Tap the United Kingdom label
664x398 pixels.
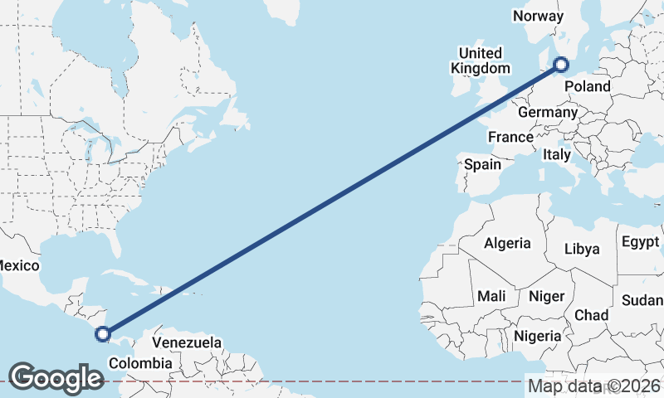pos(481,61)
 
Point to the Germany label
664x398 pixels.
pos(546,112)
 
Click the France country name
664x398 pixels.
pos(510,137)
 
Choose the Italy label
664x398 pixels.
pos(557,154)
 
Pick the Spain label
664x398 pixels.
pos(482,164)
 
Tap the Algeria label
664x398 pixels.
pos(506,243)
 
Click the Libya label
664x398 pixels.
pos(581,249)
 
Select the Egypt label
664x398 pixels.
pos(639,242)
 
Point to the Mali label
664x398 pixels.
pos(491,296)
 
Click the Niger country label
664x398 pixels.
pos(546,296)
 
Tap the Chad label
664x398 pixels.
pos(591,315)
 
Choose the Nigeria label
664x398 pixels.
pos(537,336)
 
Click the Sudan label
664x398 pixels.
pos(644,298)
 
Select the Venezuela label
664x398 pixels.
pos(187,342)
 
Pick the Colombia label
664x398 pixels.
pos(140,363)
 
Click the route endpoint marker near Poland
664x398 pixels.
pos(561,64)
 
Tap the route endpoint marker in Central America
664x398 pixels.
pos(103,334)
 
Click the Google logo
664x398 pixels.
pos(56,378)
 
